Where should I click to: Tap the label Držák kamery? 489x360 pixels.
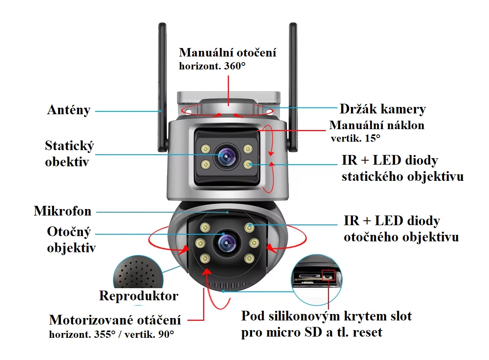[x=382, y=109]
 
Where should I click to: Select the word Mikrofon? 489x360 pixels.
[x=63, y=211]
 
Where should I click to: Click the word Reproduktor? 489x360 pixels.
[x=139, y=296]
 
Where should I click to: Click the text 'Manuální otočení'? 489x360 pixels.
[x=228, y=53]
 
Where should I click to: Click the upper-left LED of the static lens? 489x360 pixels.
[x=206, y=149]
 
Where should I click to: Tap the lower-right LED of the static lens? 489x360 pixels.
[x=248, y=164]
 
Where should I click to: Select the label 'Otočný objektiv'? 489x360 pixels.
[x=71, y=240]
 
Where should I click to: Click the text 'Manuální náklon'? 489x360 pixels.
[x=377, y=125]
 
